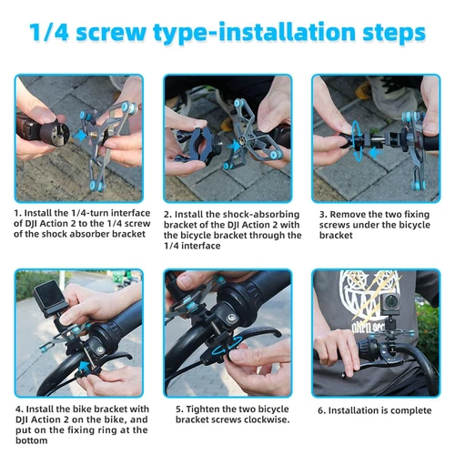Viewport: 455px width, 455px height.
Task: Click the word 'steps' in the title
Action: click(x=394, y=33)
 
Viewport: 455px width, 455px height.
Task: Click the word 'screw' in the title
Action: click(x=111, y=33)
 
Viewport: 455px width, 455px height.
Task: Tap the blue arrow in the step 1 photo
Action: click(x=79, y=135)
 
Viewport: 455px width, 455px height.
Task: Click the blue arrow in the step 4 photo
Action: click(x=86, y=366)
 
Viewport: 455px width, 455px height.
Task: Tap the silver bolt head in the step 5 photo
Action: click(x=232, y=318)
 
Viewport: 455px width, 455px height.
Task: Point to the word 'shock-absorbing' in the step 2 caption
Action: click(x=261, y=215)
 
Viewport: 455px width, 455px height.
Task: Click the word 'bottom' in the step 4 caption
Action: click(x=32, y=440)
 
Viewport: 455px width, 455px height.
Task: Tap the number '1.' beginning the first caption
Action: click(x=17, y=213)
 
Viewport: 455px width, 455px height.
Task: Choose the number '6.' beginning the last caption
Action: click(x=322, y=410)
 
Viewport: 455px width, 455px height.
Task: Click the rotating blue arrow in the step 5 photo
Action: click(x=227, y=350)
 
